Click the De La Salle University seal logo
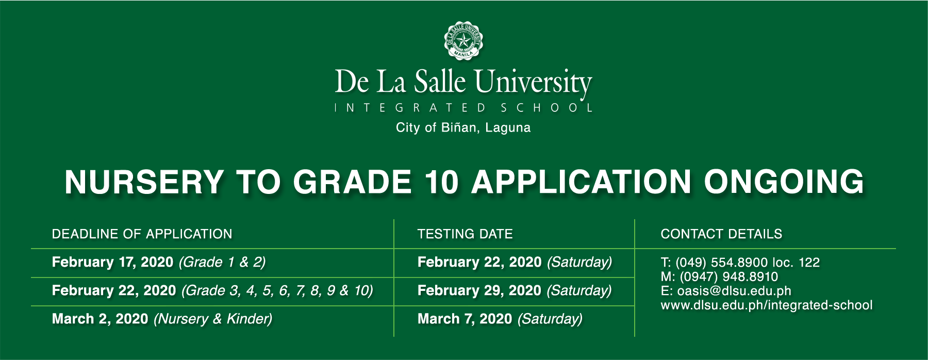463,41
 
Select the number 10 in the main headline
441,182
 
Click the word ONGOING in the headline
784,182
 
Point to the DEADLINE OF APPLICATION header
142,234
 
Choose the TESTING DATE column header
465,234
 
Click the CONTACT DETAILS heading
721,234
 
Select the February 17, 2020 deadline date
112,263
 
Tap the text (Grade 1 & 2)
222,263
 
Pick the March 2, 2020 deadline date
100,319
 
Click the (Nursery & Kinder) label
213,319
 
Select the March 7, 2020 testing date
465,319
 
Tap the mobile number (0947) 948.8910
729,277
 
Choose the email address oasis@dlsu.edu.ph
734,291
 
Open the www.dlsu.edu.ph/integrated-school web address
767,305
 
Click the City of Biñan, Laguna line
463,128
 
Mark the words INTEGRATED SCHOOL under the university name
463,108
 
